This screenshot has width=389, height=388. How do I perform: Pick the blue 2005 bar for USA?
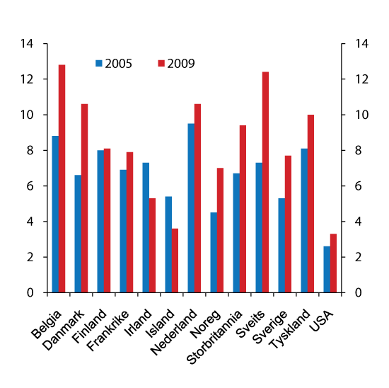coord(327,269)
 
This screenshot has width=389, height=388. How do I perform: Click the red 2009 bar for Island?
coord(175,261)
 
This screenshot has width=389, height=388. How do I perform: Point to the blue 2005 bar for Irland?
coord(146,227)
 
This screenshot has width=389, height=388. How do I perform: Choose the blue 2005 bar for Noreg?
coord(214,252)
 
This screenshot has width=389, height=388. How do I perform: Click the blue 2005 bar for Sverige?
coord(281,245)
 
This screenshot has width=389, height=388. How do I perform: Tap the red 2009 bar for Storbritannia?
coord(243,209)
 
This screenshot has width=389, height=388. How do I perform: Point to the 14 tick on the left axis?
coord(28,44)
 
